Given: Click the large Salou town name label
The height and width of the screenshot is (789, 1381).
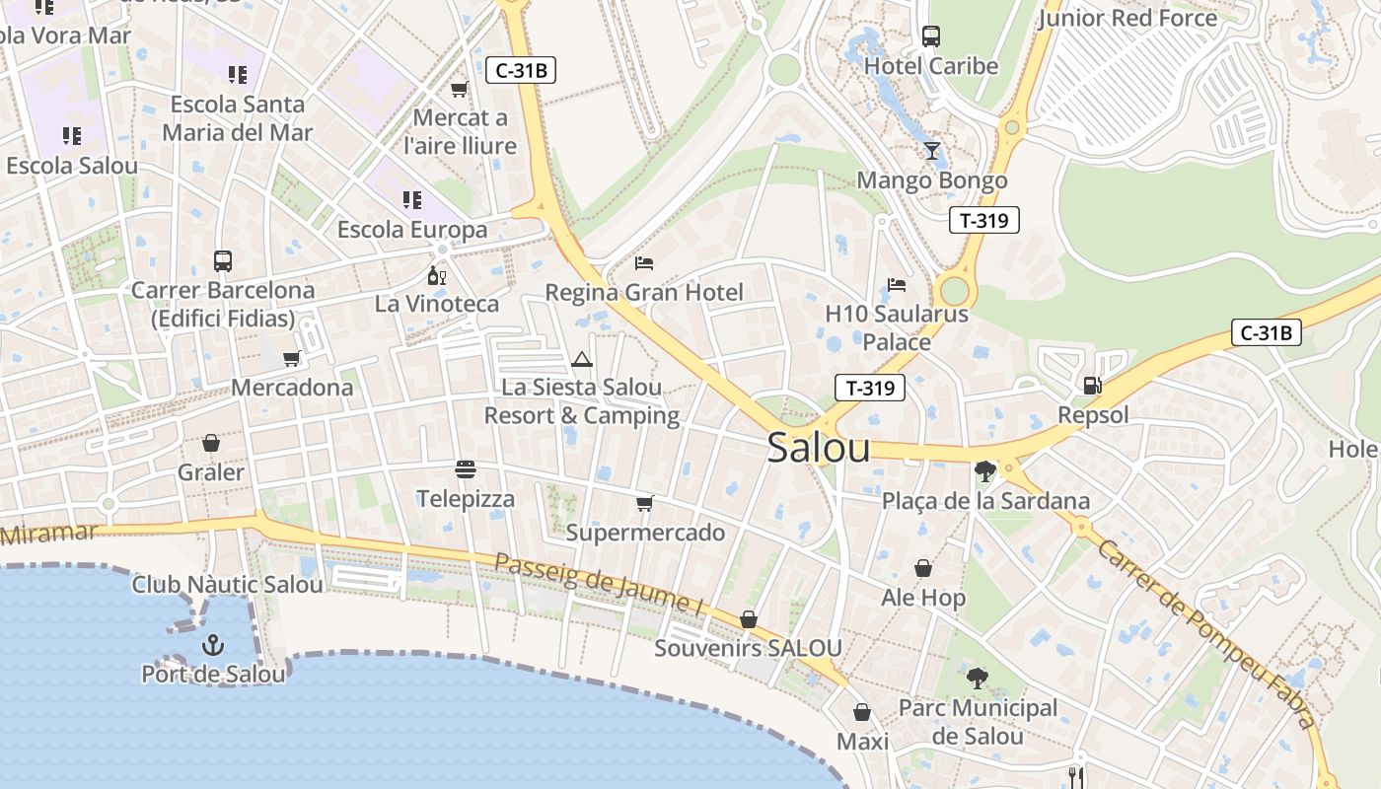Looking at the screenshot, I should coord(819,448).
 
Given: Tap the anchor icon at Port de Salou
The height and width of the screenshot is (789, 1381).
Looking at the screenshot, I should coord(212,646).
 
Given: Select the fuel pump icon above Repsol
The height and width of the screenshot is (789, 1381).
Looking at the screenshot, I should coord(1092,386).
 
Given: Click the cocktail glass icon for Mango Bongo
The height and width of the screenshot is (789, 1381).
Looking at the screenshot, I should coord(932,151).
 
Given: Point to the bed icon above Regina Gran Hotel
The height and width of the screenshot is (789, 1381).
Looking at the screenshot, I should coord(644,263).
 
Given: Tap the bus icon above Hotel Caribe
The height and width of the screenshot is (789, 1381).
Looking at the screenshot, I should coord(930,36).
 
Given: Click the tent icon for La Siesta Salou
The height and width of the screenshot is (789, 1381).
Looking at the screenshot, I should coord(582,359).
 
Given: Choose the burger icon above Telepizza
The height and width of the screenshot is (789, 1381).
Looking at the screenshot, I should coord(466,468).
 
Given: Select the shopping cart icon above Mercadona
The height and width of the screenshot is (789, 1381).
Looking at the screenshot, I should coord(291,358).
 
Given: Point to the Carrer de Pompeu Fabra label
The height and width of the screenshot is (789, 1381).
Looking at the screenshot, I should coord(1205,631).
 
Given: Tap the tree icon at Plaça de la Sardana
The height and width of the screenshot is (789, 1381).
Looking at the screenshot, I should coord(984,470).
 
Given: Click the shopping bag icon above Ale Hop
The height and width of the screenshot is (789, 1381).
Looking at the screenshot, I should coord(923,568).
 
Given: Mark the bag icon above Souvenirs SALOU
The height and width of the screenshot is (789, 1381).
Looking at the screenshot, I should coord(749,619).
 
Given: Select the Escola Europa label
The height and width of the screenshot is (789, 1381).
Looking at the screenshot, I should coord(412,230).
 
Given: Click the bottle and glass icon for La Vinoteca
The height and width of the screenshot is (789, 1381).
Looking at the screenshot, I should coord(436,275).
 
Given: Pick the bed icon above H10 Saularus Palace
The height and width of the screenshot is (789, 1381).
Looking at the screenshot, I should coord(896,285).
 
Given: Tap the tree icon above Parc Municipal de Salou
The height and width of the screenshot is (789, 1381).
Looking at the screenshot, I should coord(978,678).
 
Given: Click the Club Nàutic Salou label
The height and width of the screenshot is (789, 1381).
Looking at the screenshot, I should coord(228,584).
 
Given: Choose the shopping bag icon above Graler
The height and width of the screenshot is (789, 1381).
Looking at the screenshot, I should coord(210,444).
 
